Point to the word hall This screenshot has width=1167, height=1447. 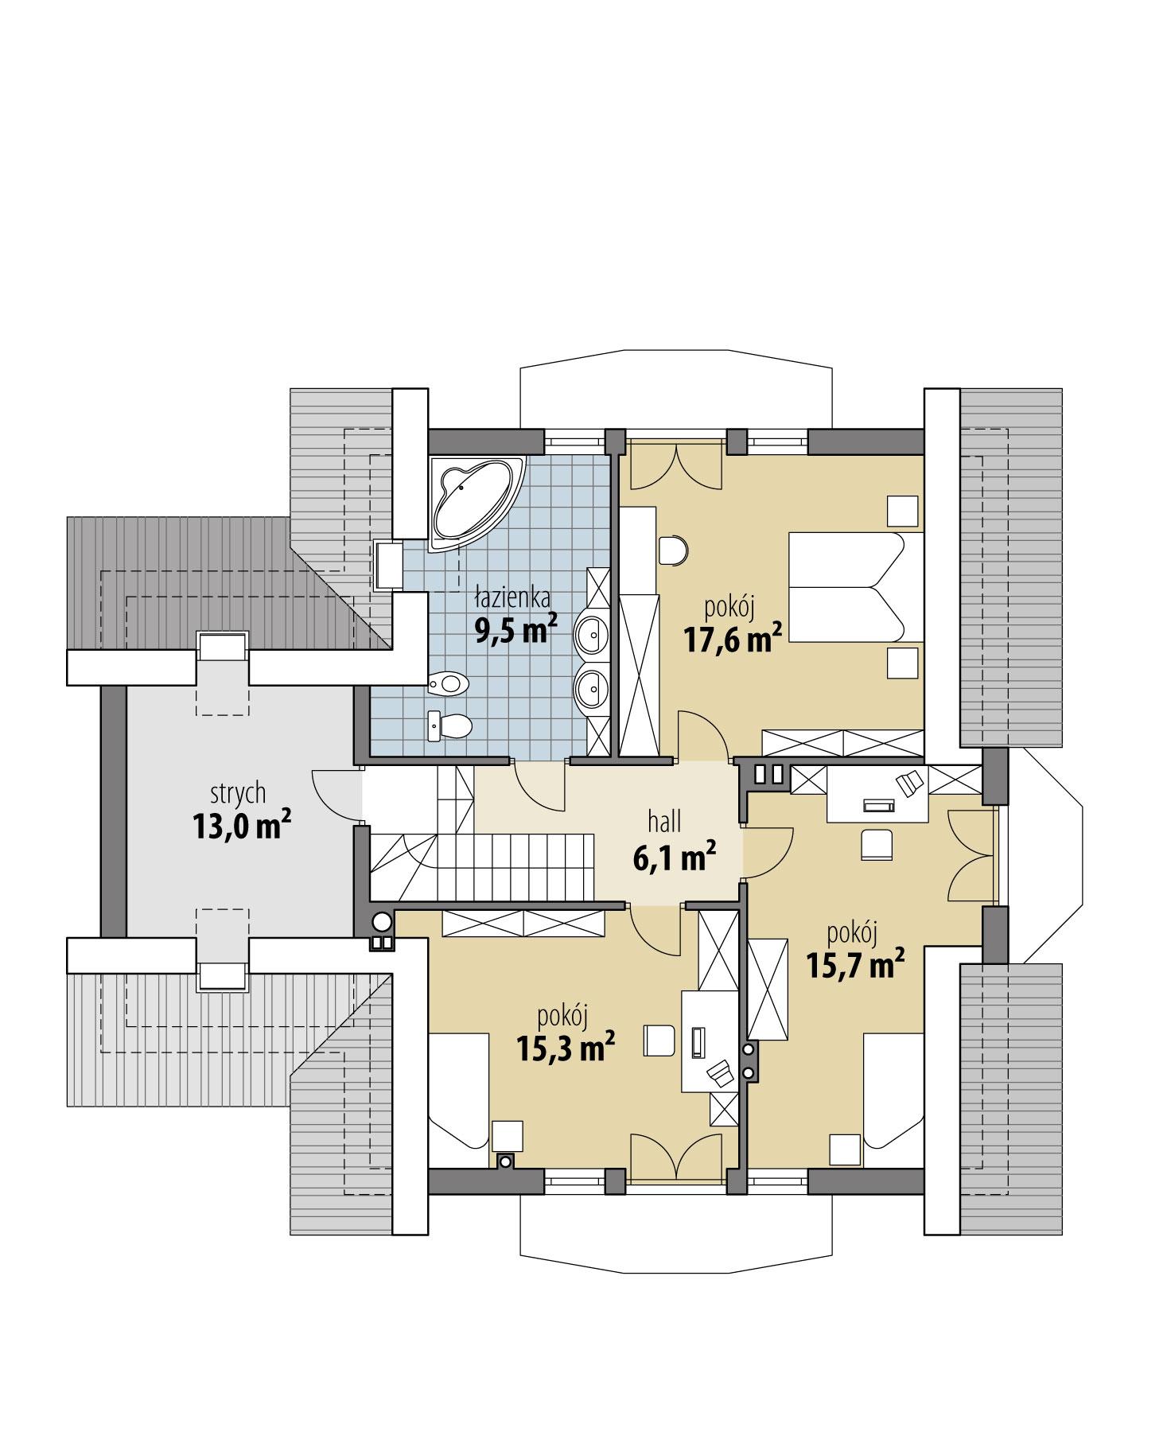pos(663,822)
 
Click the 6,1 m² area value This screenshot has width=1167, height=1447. pos(674,857)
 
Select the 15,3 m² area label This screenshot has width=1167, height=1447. pos(566,1048)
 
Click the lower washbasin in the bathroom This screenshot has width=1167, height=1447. pos(590,687)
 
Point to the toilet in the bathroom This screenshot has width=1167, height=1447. pos(452,725)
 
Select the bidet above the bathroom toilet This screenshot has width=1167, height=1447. pos(449,683)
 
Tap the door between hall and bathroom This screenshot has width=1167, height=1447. pos(540,783)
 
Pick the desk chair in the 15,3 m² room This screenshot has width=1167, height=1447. pos(659,1040)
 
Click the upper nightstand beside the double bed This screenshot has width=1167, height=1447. pos(902,510)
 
